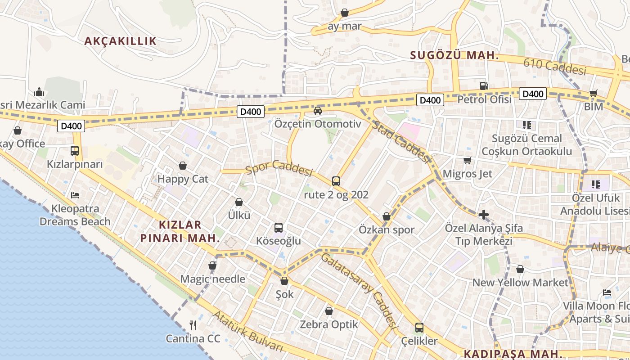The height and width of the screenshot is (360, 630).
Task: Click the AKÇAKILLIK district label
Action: pos(121,41)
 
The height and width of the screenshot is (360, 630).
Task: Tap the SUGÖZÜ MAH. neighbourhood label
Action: pos(454,56)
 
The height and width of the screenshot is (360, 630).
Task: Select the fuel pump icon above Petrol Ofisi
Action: pos(484,85)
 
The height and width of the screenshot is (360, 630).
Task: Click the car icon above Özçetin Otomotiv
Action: pos(318,110)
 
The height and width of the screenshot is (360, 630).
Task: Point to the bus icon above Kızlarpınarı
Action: pos(75,151)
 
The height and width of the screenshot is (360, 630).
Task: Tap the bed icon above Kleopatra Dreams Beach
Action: pos(75,195)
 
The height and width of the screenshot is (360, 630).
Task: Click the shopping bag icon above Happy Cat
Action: pos(183,166)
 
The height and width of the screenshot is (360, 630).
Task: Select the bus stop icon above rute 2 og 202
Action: pos(336,181)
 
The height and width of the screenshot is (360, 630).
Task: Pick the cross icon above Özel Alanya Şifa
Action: pos(484,215)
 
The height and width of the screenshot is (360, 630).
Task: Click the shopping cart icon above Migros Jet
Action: pos(468,160)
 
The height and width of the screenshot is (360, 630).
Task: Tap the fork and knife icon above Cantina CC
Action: pos(193,325)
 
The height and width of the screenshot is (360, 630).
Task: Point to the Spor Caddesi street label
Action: pos(279,168)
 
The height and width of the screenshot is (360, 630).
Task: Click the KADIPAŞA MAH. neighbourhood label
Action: pos(513,353)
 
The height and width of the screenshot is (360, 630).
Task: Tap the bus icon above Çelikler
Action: pos(419,327)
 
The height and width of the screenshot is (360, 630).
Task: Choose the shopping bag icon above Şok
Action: pos(284,281)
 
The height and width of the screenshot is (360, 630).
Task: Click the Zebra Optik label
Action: pos(329,324)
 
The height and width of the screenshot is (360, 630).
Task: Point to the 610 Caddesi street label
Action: pos(555,67)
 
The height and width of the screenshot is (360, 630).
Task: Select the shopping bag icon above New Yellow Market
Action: pos(520,270)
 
